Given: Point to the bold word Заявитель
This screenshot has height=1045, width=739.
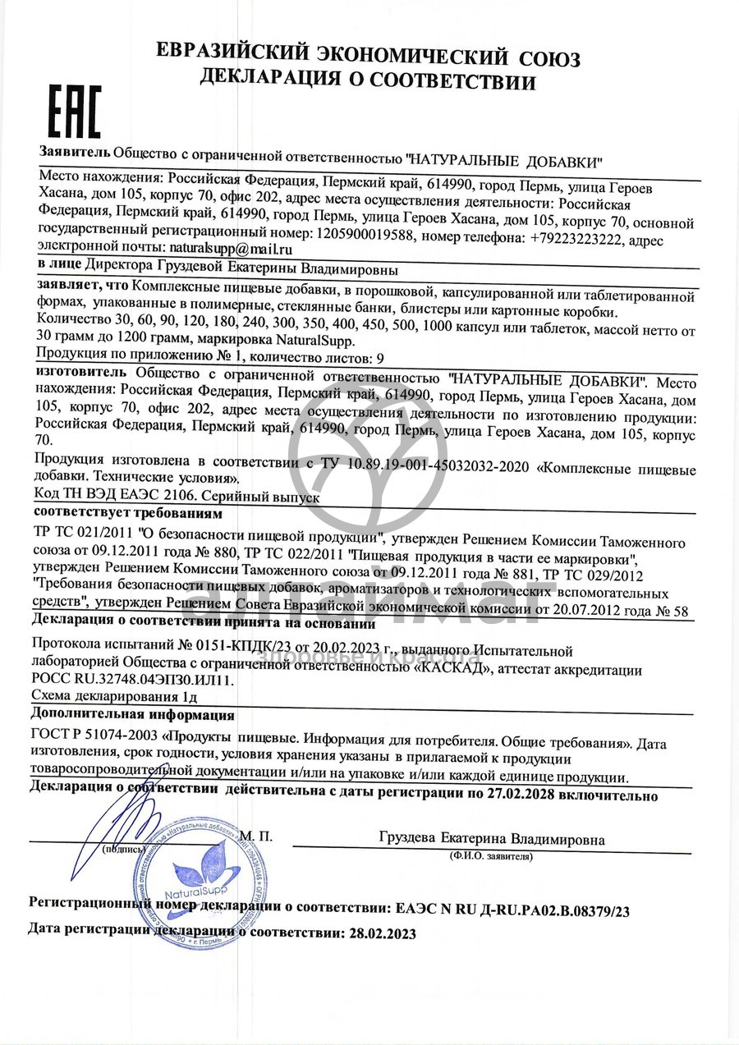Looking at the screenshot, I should click(74, 152).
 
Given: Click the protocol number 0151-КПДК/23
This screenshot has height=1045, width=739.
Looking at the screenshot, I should click(208, 651).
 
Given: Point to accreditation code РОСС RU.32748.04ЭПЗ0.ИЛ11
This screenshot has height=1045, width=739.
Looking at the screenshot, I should click(132, 681).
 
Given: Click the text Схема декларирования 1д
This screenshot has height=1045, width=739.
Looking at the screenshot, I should click(114, 697).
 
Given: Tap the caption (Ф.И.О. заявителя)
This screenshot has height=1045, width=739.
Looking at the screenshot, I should click(491, 856).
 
